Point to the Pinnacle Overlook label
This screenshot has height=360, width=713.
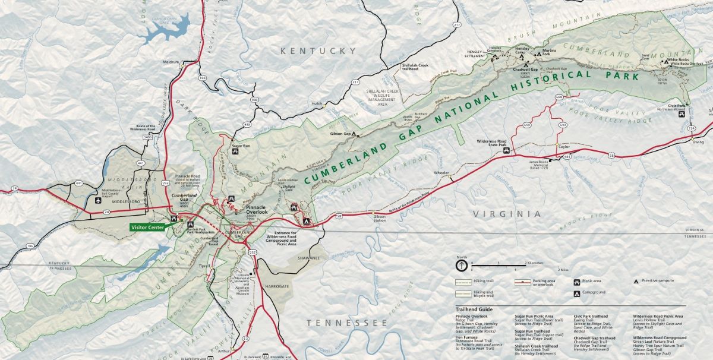[x=257, y=209]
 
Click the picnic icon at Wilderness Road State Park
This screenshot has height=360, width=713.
[x=506, y=151]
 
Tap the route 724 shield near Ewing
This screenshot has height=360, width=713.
[x=691, y=128]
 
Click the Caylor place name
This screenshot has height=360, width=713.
[x=564, y=146]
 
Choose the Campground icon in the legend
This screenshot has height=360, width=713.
[x=577, y=293]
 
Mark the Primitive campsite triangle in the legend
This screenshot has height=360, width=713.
[x=636, y=280]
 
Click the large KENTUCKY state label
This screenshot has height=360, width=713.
[x=318, y=51]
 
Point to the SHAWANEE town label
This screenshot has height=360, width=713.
[x=308, y=258]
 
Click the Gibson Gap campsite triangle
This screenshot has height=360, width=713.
[x=355, y=134]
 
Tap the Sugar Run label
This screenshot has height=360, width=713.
[x=241, y=146]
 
